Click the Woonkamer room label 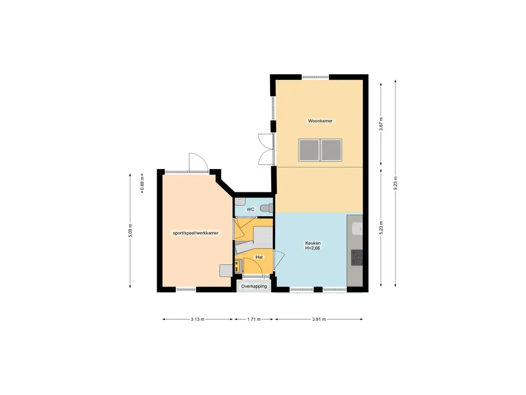click(320, 121)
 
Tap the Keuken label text click(313, 243)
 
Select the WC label click(251, 209)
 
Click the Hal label click(259, 257)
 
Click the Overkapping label click(254, 286)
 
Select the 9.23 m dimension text click(396, 184)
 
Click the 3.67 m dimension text click(381, 124)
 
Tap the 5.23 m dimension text click(381, 227)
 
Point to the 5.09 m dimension click(130, 230)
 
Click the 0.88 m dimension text click(142, 184)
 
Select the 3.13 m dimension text click(198, 319)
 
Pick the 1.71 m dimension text click(254, 319)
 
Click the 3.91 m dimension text click(319, 319)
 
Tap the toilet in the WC click(267, 208)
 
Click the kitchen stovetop click(357, 258)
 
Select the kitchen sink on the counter click(357, 229)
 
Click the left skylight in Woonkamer click(309, 150)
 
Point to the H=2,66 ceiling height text click(313, 248)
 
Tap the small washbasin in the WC click(239, 202)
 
